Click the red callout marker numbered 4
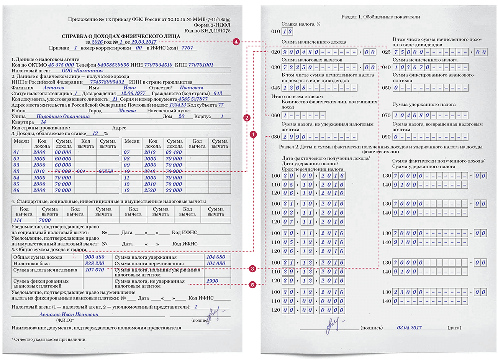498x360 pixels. tap(236, 41)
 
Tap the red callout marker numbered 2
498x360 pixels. tap(247, 118)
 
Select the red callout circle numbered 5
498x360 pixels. tap(252, 284)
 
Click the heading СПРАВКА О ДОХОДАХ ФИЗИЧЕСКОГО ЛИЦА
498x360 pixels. tap(121, 36)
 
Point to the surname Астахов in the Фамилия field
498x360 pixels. tap(54, 88)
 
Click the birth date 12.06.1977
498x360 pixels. tap(133, 93)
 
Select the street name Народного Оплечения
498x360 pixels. tap(63, 116)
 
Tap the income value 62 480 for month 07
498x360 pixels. tap(174, 152)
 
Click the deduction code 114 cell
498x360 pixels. tap(18, 220)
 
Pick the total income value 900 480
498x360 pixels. tap(95, 257)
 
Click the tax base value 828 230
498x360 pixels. tap(95, 263)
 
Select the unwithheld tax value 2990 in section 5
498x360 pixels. tap(212, 281)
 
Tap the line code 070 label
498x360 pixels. tap(386, 115)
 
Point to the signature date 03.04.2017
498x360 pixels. tap(409, 328)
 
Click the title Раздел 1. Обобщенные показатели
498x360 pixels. tap(380, 17)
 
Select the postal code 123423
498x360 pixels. tap(177, 105)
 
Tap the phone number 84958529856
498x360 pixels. tap(113, 65)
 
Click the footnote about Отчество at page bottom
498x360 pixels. tap(49, 339)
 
